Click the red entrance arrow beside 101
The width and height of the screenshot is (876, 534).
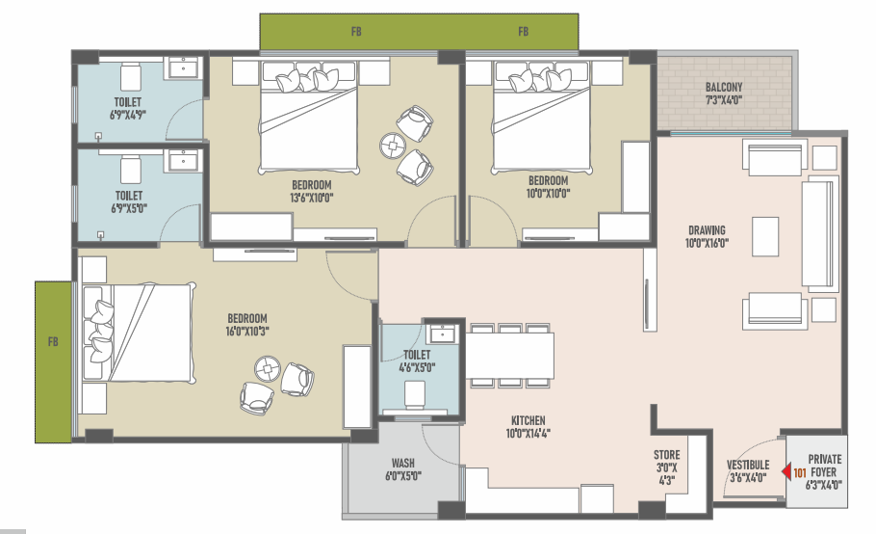click(786, 472)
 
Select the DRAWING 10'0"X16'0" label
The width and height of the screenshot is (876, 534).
click(707, 236)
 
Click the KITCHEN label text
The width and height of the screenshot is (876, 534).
click(528, 420)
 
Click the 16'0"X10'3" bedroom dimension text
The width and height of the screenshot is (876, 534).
click(247, 331)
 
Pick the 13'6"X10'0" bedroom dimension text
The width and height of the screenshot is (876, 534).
click(311, 198)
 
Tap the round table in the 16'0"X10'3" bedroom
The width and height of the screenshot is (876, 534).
click(268, 369)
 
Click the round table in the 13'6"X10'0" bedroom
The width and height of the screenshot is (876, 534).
click(393, 146)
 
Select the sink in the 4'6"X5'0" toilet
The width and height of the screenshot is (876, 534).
click(442, 334)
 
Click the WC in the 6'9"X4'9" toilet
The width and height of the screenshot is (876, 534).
click(131, 76)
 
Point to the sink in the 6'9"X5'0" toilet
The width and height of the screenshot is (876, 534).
click(183, 160)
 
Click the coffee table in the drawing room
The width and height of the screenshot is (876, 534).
click(765, 236)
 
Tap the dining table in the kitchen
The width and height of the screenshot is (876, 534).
click(510, 356)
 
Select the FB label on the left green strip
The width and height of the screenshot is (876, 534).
click(53, 341)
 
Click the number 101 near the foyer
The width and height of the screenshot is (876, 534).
click(799, 473)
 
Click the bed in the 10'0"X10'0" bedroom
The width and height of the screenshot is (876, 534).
click(540, 117)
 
